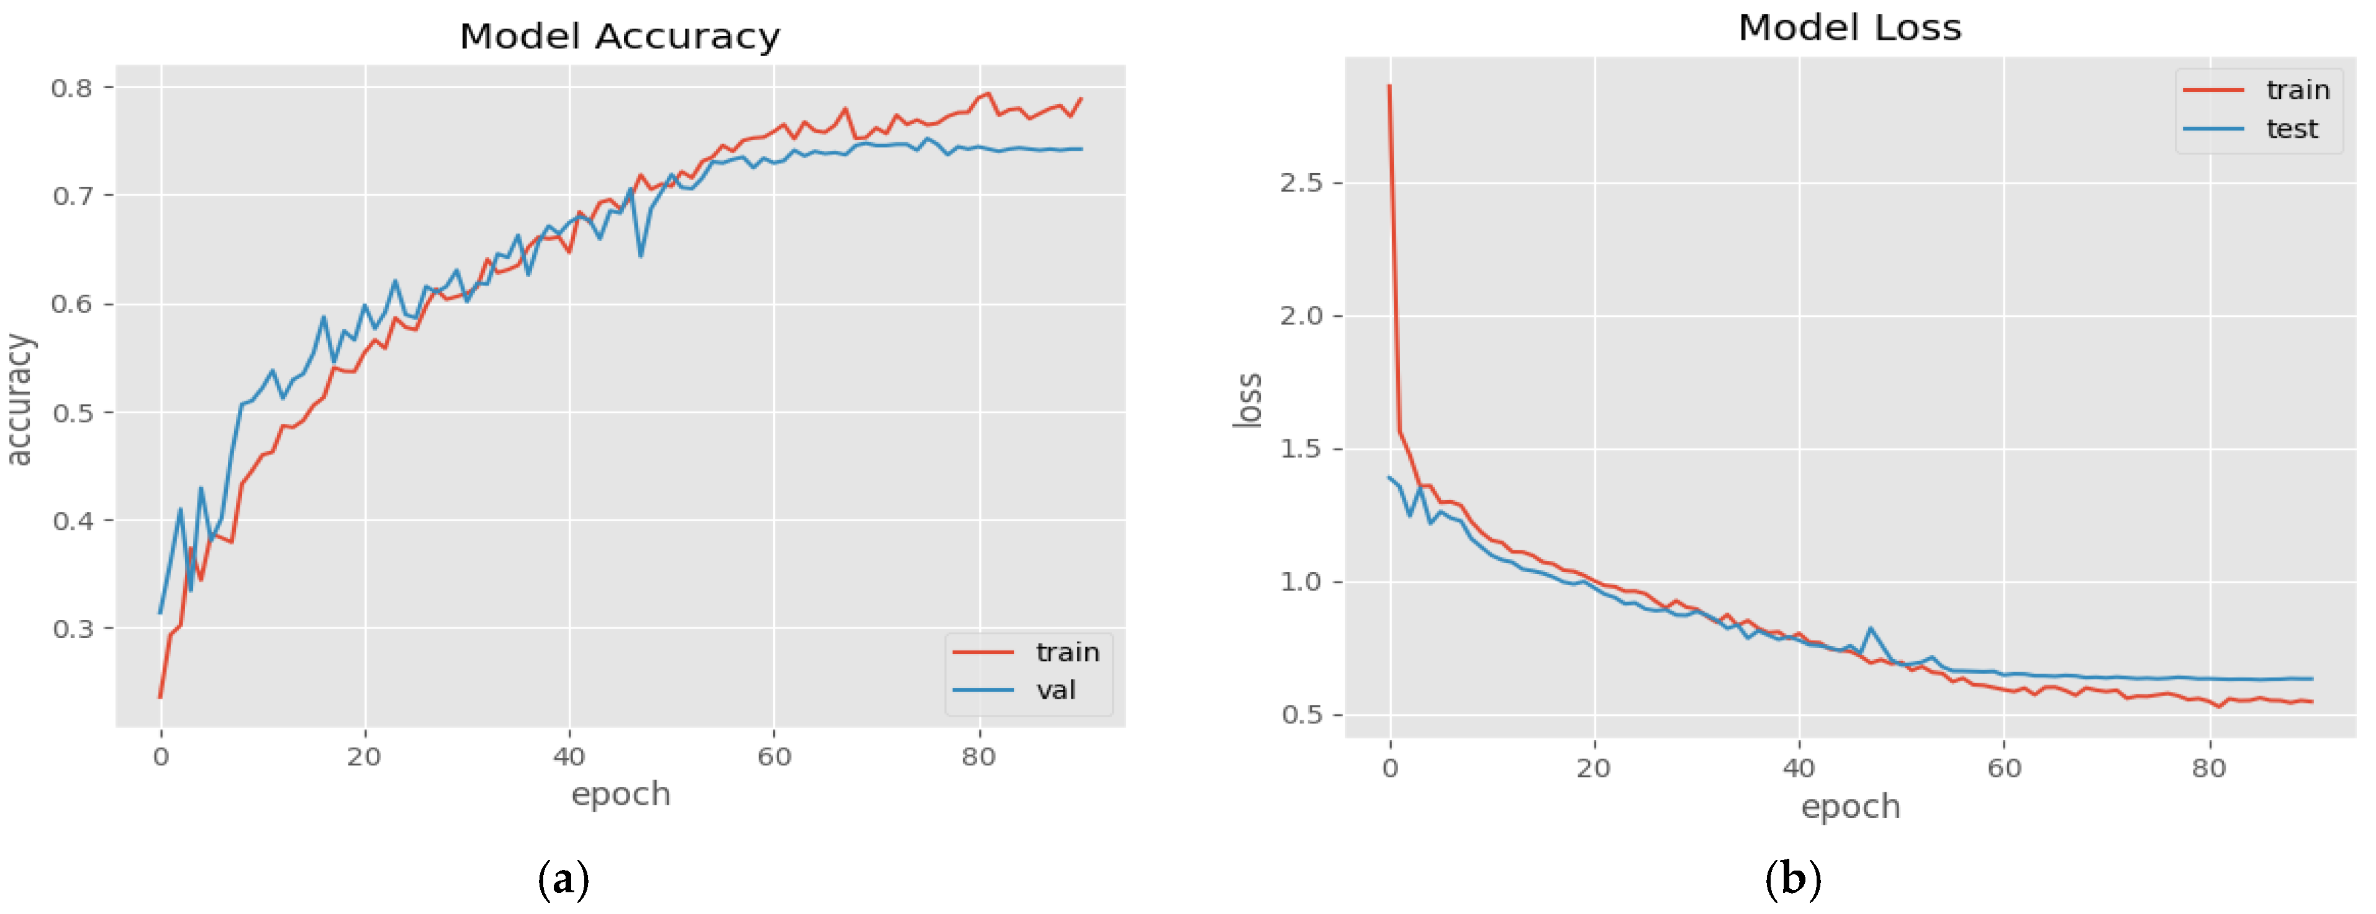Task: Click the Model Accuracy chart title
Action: (x=620, y=37)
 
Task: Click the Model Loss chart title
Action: (x=1850, y=28)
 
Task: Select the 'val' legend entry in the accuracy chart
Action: (x=1055, y=690)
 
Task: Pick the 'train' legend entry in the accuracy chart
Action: (x=1067, y=652)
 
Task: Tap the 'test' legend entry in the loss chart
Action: (x=2291, y=128)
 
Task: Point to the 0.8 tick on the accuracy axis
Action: (x=72, y=87)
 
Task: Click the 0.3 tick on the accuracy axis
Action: (x=72, y=629)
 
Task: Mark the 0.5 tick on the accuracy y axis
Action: (x=72, y=412)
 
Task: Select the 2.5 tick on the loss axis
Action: (x=1301, y=182)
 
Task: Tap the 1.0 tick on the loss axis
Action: (x=1301, y=582)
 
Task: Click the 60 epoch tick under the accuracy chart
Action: (x=774, y=757)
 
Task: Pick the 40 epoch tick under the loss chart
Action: (x=1799, y=768)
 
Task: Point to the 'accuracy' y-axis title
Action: (x=19, y=400)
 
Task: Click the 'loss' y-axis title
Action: (x=1247, y=400)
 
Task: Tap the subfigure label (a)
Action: (x=562, y=879)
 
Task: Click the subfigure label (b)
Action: (x=1792, y=879)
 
